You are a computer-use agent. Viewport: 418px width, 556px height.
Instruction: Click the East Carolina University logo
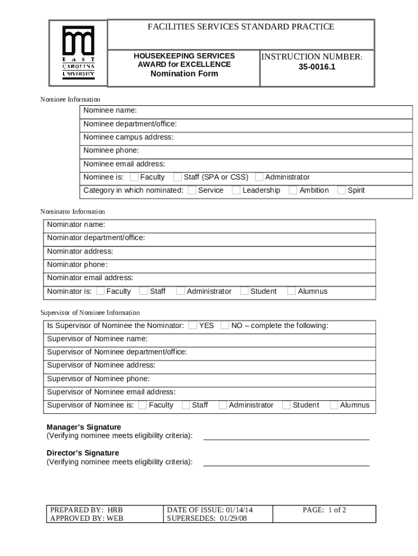(78, 53)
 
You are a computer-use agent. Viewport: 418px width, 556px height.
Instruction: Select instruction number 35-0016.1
(317, 68)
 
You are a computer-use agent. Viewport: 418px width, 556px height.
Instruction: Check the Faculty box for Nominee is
(134, 177)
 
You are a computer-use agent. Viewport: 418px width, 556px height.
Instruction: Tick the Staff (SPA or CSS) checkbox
(178, 177)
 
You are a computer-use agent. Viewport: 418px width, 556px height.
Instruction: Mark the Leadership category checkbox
(236, 190)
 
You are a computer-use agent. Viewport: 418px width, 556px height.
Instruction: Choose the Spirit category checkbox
(341, 190)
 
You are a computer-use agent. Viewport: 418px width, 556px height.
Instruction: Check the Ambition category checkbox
(293, 190)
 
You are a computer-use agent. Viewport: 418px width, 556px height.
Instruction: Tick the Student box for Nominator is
(244, 292)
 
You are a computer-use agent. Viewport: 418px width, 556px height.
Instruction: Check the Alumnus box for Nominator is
(292, 292)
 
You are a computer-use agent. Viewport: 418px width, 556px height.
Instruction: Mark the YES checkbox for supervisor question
(193, 326)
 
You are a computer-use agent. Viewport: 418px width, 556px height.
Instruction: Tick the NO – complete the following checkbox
(225, 326)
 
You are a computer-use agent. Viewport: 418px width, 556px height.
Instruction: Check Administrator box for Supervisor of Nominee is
(223, 405)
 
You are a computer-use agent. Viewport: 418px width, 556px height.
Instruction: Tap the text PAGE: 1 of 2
(324, 510)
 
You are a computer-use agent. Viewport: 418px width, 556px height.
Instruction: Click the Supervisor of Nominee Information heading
(90, 313)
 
